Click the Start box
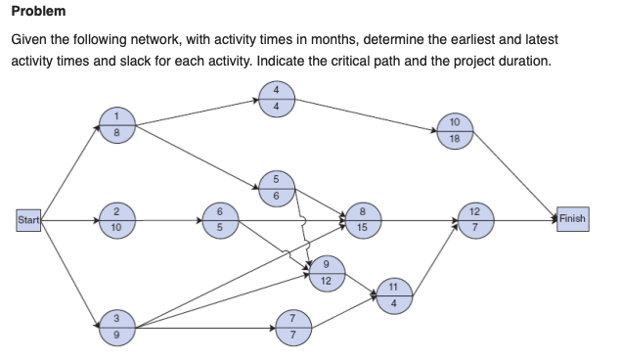[x=27, y=220]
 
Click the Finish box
[x=572, y=219]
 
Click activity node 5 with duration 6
[x=276, y=187]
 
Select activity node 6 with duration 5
[x=220, y=220]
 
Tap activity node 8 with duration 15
[x=362, y=220]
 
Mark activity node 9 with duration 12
[x=326, y=271]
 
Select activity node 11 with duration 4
[x=393, y=294]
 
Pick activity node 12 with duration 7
[x=474, y=220]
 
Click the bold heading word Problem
[x=39, y=12]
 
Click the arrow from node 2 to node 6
[x=166, y=220]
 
